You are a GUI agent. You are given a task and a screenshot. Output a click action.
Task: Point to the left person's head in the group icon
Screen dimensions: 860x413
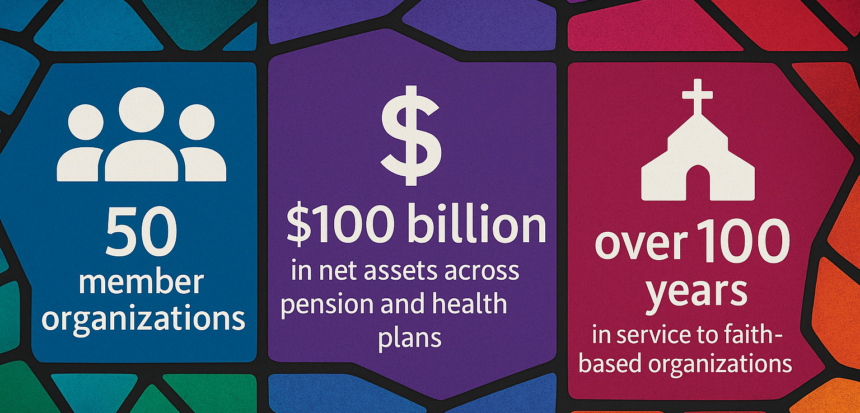(x=86, y=122)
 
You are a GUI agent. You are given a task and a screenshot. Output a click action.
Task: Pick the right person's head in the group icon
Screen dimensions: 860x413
(x=197, y=122)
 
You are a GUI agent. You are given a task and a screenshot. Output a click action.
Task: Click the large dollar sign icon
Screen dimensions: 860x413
(x=410, y=135)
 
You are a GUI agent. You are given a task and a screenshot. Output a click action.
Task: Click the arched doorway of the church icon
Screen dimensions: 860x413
(x=697, y=182)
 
